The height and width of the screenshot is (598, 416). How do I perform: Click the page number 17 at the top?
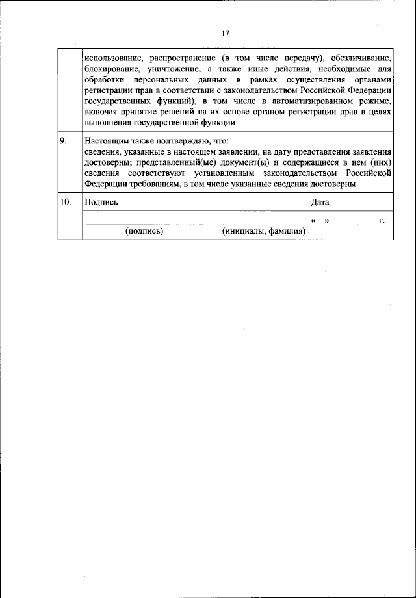click(226, 34)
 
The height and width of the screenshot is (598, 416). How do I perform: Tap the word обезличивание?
click(361, 56)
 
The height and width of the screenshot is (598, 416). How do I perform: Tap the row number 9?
click(64, 140)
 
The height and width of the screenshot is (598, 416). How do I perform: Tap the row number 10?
click(66, 202)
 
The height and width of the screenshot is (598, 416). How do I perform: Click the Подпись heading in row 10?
click(101, 202)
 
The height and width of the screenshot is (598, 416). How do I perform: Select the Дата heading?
click(320, 202)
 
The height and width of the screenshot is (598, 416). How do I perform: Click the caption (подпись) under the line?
click(144, 231)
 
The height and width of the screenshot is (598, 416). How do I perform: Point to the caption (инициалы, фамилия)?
click(264, 231)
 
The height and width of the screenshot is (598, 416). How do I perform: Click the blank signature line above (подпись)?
click(144, 224)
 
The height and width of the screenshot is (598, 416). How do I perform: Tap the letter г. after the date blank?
click(382, 221)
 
